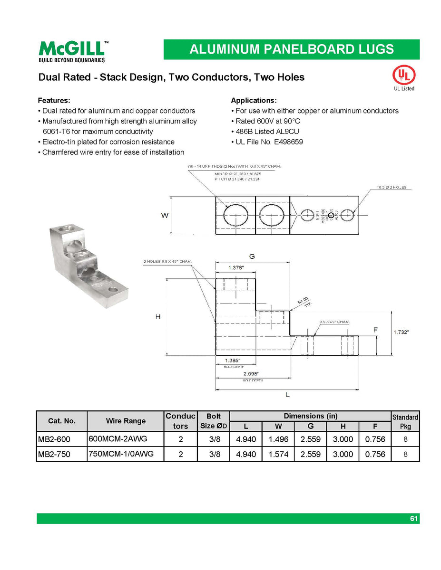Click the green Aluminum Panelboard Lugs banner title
[x=291, y=49]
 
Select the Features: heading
[x=54, y=101]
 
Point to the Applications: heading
[x=254, y=101]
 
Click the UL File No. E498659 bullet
[x=269, y=142]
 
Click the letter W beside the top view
[x=165, y=216]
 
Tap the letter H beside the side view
[x=158, y=317]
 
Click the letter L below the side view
[x=288, y=395]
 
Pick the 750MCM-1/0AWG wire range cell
[x=121, y=454]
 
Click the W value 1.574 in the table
[x=278, y=455]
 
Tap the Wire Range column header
[x=126, y=421]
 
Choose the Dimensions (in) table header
[x=310, y=416]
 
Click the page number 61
[x=414, y=519]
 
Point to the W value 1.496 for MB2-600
[x=278, y=440]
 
